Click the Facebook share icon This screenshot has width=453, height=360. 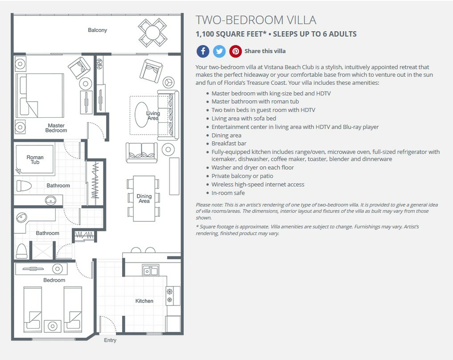(x=203, y=51)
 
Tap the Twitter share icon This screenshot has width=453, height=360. (x=219, y=51)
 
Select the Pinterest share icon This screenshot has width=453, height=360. (x=236, y=51)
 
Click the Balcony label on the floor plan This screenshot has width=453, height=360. (x=97, y=30)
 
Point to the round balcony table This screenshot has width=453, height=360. (x=152, y=33)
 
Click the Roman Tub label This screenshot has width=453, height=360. (x=35, y=160)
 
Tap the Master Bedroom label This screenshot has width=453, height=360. (x=56, y=128)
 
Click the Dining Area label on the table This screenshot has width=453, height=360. (x=144, y=199)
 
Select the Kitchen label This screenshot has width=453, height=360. (x=144, y=301)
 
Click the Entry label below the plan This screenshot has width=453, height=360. (x=110, y=340)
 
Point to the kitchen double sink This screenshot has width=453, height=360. (x=151, y=271)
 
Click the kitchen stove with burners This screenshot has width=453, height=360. (x=169, y=295)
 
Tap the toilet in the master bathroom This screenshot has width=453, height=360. (x=24, y=186)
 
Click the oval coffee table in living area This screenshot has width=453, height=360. (x=142, y=115)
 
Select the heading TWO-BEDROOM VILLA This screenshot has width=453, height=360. (x=256, y=20)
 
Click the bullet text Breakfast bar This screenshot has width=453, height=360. (x=229, y=144)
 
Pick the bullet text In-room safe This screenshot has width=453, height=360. (x=228, y=193)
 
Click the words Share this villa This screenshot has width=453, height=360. (x=265, y=51)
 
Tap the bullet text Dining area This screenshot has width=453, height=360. (x=226, y=135)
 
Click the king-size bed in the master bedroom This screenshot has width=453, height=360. (x=40, y=95)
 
